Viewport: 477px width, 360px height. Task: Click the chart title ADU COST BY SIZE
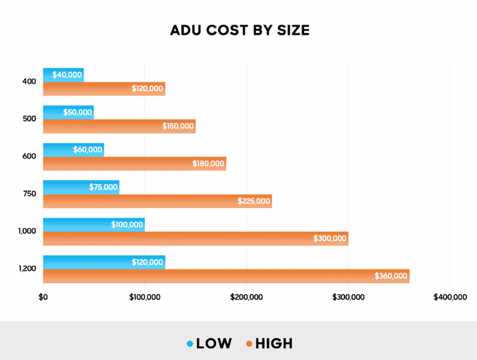pyautogui.click(x=239, y=30)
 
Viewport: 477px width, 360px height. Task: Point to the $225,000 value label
pyautogui.click(x=254, y=201)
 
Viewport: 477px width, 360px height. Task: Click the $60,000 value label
pyautogui.click(x=86, y=150)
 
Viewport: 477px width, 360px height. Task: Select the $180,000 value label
pyautogui.click(x=208, y=164)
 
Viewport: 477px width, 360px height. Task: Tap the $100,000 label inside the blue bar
pyautogui.click(x=128, y=224)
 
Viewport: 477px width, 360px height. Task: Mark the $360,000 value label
pyautogui.click(x=391, y=276)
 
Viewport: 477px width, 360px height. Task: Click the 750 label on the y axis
pyautogui.click(x=30, y=194)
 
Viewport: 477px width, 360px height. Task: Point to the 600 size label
pyautogui.click(x=30, y=156)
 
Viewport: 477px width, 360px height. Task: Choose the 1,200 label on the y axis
pyautogui.click(x=27, y=269)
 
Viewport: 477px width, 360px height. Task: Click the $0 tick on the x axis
pyautogui.click(x=43, y=297)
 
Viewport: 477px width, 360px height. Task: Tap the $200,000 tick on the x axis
pyautogui.click(x=247, y=297)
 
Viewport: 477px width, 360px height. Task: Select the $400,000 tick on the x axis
pyautogui.click(x=450, y=297)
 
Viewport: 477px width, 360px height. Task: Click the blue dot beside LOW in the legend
pyautogui.click(x=190, y=343)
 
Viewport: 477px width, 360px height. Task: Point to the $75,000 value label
pyautogui.click(x=102, y=187)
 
